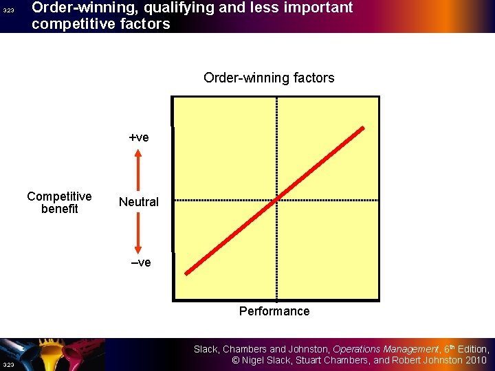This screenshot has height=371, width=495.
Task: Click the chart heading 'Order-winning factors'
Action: coord(269,78)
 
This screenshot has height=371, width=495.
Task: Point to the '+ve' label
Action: coord(139,137)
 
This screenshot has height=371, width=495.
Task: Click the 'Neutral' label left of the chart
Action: coord(138,202)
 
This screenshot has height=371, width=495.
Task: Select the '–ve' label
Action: coord(140,262)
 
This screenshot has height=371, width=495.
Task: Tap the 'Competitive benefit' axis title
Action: coord(59,203)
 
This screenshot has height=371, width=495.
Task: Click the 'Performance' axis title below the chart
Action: coord(274,311)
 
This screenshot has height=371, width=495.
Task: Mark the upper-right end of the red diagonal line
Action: coord(363,128)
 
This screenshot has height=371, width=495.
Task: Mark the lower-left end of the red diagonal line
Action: coord(187,273)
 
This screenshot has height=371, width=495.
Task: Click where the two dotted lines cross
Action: coord(276,200)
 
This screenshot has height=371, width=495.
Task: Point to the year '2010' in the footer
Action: coord(475,361)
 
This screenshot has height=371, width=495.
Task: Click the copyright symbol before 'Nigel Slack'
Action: coord(235,361)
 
